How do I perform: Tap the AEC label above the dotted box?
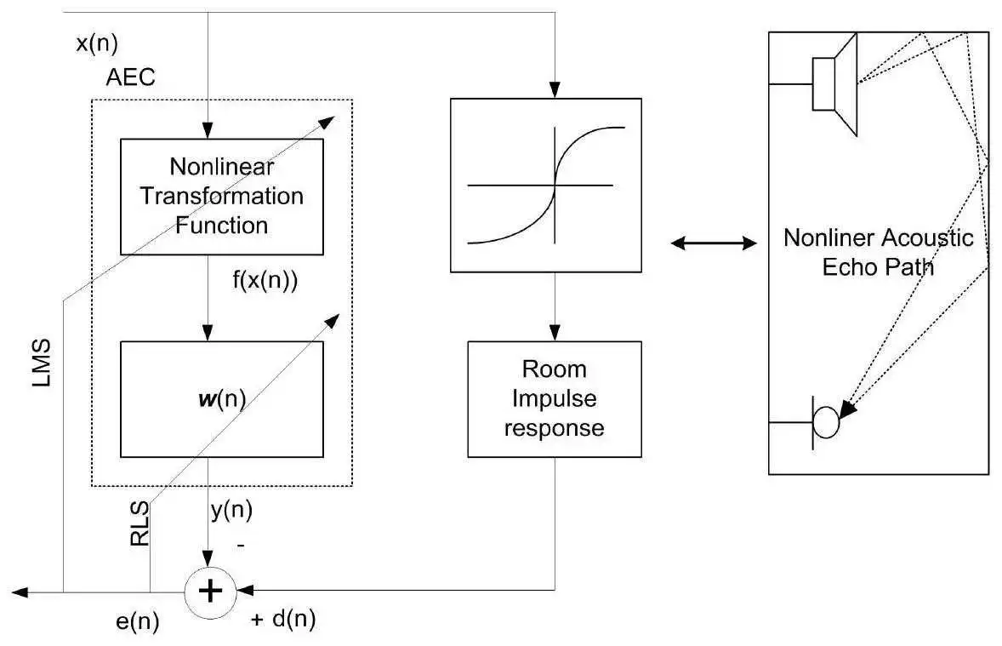coord(131,78)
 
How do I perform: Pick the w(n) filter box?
coord(221,399)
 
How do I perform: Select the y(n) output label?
coord(231,511)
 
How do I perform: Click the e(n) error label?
coord(137,621)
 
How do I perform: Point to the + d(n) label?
coord(283,620)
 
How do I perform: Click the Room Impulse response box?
coord(554,398)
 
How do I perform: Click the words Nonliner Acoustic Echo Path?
coord(878,251)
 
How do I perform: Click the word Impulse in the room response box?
coord(554,398)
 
